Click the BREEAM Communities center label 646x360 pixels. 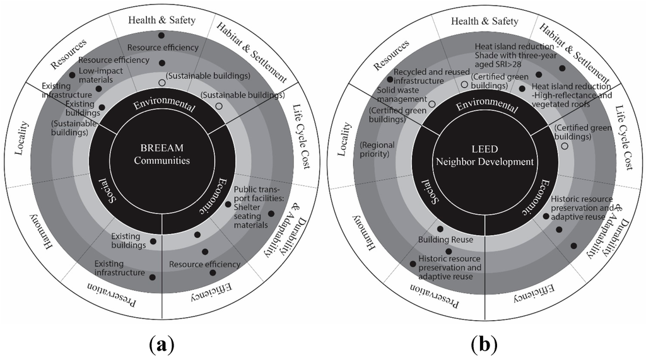[162, 155]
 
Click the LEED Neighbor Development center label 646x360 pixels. [484, 156]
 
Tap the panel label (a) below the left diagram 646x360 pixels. [162, 344]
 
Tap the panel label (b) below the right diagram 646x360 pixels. [484, 344]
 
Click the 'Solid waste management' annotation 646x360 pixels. [400, 95]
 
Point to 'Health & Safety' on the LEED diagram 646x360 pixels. [484, 21]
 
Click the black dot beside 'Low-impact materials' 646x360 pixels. [98, 89]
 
